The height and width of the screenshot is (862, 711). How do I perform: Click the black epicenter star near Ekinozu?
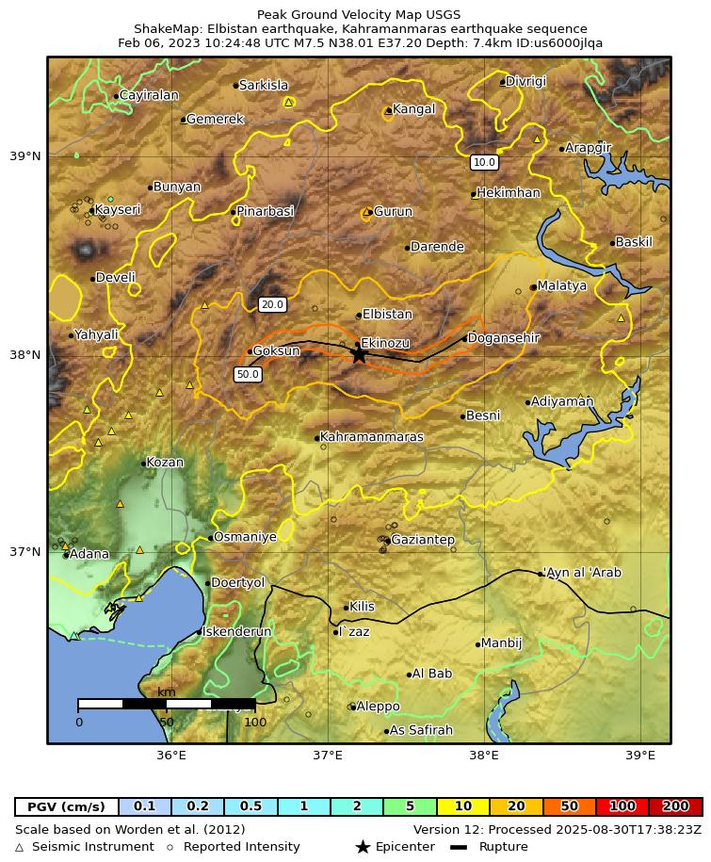[x=359, y=354]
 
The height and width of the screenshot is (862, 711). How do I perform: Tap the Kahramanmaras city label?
[x=371, y=437]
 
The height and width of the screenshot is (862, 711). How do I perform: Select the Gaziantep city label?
[x=422, y=540]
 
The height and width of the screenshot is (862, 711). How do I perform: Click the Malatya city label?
[x=561, y=285]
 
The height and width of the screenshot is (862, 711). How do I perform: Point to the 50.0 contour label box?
[x=248, y=374]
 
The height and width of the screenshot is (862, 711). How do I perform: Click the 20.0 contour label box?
[x=272, y=304]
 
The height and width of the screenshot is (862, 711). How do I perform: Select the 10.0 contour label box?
[x=484, y=162]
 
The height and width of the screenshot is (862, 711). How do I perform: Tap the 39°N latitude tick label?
[x=25, y=156]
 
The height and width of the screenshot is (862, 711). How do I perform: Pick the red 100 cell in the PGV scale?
[x=622, y=806]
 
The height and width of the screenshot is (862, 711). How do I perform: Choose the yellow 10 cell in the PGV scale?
[x=462, y=806]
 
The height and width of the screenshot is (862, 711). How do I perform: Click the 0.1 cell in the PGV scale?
[x=144, y=806]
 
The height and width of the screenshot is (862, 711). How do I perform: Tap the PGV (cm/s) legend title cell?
[x=66, y=806]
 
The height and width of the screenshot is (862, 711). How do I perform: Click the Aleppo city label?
[x=378, y=707]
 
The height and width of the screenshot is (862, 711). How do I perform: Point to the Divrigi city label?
[x=525, y=81]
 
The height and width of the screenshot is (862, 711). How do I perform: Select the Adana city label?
[x=89, y=554]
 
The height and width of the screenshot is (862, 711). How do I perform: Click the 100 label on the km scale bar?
[x=255, y=723]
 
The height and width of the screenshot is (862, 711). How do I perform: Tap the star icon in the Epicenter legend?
[x=363, y=847]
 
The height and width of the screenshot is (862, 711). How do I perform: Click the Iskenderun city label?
[x=236, y=631]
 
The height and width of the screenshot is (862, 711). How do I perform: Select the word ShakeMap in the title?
[x=165, y=29]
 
